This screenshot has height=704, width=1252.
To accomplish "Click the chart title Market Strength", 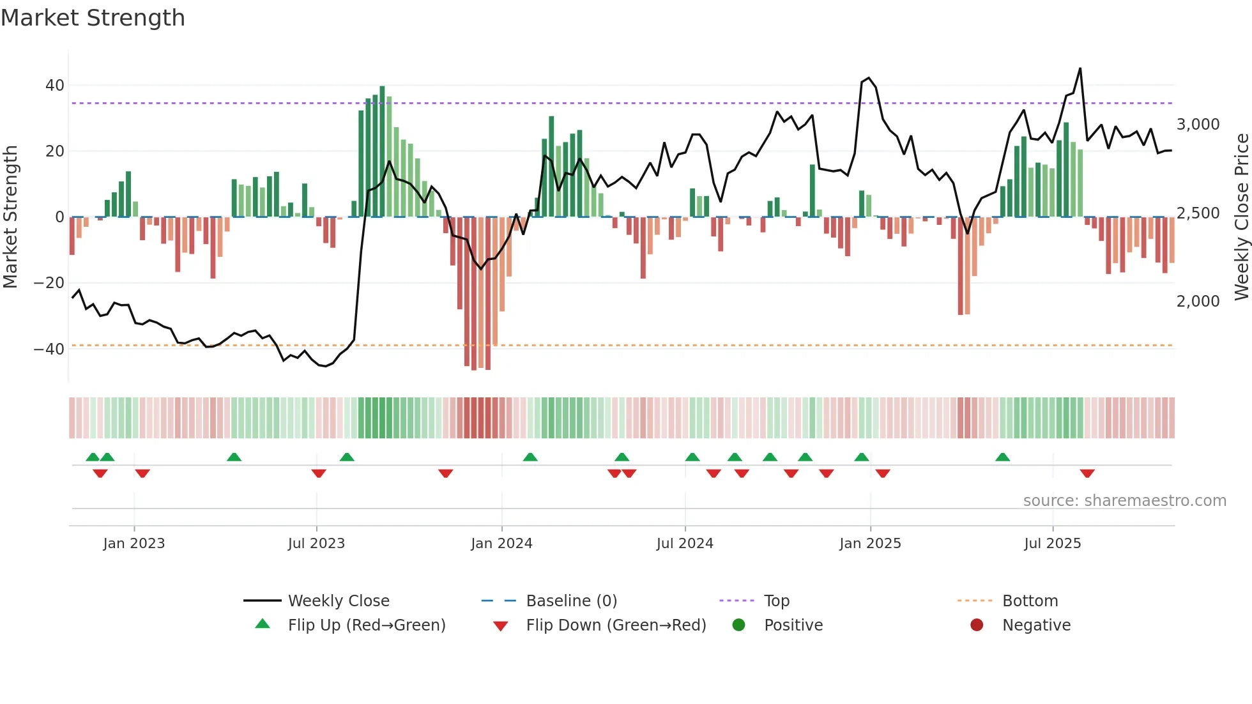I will click(93, 18).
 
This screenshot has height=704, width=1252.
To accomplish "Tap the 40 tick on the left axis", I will click(54, 85).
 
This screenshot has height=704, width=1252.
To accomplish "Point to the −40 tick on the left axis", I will click(49, 349).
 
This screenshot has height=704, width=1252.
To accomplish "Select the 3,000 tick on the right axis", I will click(1198, 125).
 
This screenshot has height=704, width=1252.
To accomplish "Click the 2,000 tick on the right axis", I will click(1198, 301).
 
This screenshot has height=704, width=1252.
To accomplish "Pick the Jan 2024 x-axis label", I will click(501, 544).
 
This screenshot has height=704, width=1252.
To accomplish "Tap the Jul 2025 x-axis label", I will click(1052, 544).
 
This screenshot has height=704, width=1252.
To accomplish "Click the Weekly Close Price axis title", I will click(1241, 217).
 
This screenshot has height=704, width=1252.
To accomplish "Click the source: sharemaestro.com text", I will click(1124, 501).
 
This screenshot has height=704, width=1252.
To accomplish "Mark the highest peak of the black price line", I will click(1080, 69).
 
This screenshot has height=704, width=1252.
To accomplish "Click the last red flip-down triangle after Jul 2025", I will click(1087, 473).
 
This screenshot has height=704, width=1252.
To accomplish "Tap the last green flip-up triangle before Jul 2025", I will click(1002, 457).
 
